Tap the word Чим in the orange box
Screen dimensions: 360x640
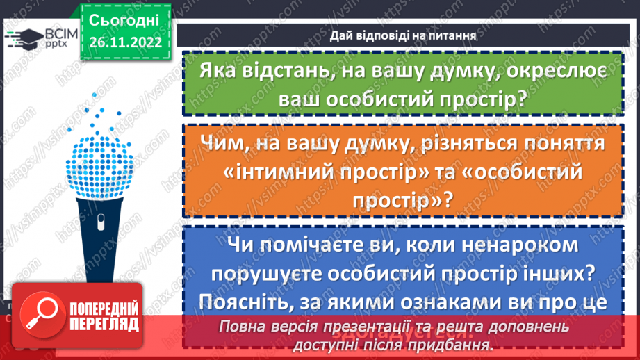226,144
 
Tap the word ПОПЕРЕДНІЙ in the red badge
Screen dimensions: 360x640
104,309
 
